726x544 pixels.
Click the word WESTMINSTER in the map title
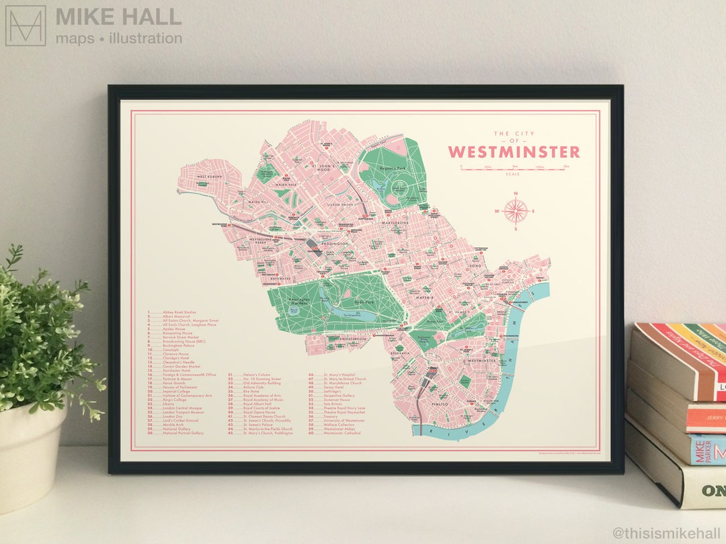point(514,152)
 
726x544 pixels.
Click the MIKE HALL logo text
point(118,17)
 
